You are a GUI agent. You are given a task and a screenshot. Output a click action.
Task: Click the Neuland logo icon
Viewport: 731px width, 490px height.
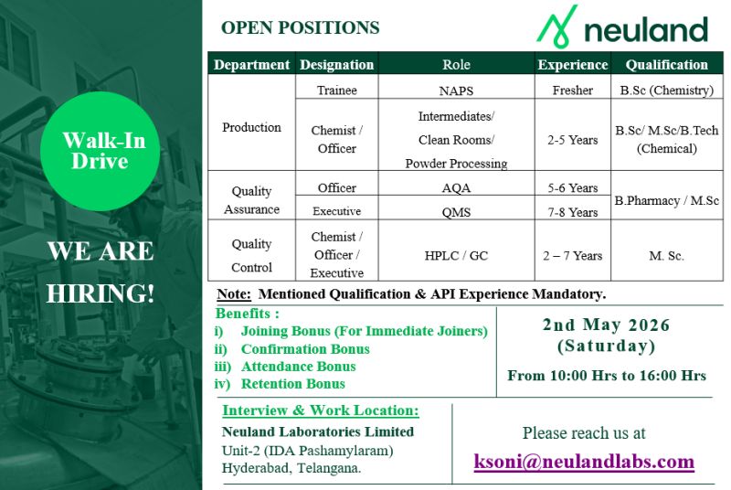coord(556,27)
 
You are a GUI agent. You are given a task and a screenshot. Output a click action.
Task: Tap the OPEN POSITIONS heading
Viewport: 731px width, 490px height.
coord(300,27)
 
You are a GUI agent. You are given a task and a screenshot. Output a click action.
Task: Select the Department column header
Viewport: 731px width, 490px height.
coord(251,65)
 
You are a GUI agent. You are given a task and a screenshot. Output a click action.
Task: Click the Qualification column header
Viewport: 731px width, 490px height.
coord(666,65)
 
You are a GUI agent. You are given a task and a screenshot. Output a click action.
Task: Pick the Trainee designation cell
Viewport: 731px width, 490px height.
coord(336,91)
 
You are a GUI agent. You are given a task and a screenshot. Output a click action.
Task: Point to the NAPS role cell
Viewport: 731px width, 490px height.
coord(456,91)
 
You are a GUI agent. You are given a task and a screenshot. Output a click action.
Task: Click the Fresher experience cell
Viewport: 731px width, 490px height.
coord(572,91)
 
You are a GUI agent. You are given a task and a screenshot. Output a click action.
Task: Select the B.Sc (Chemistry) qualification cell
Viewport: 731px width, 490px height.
coord(666,91)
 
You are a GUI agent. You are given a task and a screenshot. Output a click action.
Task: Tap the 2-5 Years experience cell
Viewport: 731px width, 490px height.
coord(572,140)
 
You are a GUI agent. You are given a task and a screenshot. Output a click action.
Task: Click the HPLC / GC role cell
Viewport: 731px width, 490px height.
coord(456,256)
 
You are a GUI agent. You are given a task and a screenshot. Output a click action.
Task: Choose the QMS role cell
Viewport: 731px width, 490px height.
coord(456,212)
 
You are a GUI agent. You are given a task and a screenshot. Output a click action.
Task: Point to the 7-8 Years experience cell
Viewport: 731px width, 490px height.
coord(572,212)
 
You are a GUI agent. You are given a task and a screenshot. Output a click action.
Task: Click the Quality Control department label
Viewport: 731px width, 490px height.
coord(251,256)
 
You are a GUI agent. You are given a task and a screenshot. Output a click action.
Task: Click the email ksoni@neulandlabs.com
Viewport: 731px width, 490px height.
coord(584,462)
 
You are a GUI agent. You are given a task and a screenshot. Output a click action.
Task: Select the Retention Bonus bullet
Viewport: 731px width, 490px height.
coord(292,384)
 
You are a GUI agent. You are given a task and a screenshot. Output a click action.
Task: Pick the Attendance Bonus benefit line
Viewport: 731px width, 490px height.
coord(298,367)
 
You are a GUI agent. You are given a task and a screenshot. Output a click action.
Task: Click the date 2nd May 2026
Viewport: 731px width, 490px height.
coord(606,325)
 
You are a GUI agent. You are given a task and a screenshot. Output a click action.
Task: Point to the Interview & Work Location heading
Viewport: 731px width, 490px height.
coord(320,410)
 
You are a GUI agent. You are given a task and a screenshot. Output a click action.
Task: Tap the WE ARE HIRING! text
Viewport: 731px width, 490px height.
coord(101,272)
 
